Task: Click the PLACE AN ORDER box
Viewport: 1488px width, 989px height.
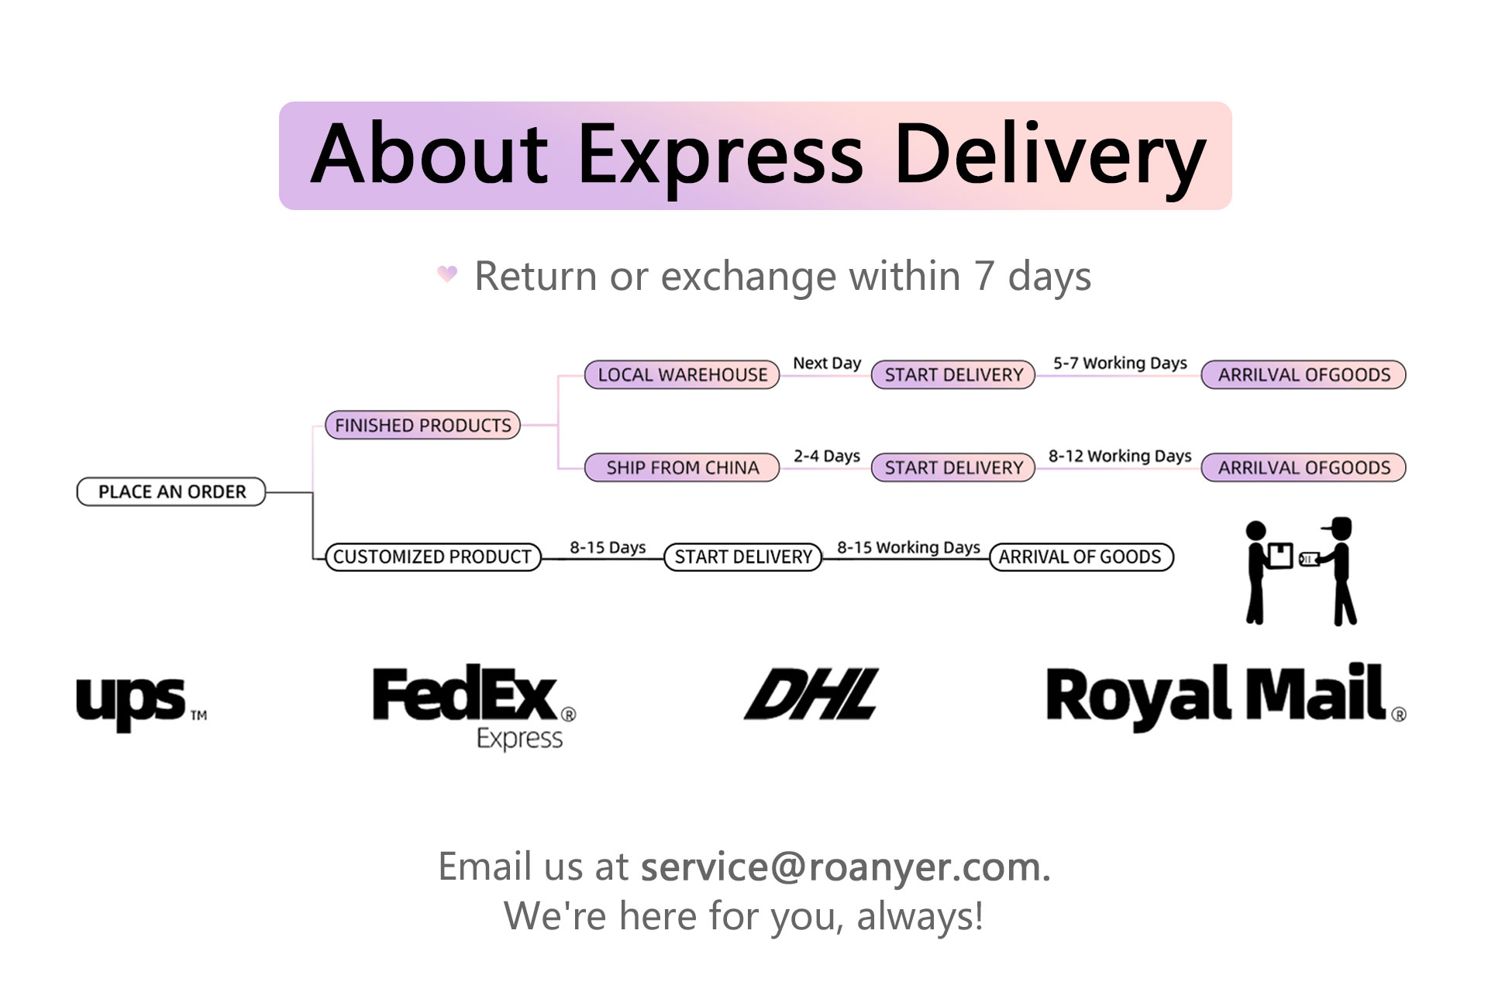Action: pyautogui.click(x=171, y=491)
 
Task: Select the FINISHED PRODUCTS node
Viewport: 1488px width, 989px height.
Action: pyautogui.click(x=422, y=425)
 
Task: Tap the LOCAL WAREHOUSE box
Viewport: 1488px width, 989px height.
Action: pyautogui.click(x=682, y=374)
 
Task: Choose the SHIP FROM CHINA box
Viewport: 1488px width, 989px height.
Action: pyautogui.click(x=682, y=467)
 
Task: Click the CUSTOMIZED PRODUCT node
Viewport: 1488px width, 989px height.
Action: pyautogui.click(x=432, y=557)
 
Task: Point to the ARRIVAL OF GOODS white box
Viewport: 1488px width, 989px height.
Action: pyautogui.click(x=1080, y=557)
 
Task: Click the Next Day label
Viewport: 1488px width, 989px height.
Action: pyautogui.click(x=827, y=363)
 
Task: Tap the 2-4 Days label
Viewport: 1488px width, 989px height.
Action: pyautogui.click(x=827, y=456)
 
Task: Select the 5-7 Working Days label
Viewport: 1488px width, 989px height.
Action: pyautogui.click(x=1120, y=363)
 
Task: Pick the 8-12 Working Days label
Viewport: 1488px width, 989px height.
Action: pyautogui.click(x=1120, y=456)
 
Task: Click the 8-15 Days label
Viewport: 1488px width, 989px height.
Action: pyautogui.click(x=608, y=547)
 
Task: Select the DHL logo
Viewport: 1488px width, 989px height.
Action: pyautogui.click(x=811, y=694)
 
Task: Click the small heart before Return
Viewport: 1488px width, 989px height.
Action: pyautogui.click(x=447, y=274)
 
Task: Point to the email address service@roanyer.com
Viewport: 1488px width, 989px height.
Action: pyautogui.click(x=845, y=867)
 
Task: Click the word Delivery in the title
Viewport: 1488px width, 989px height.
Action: pyautogui.click(x=1050, y=155)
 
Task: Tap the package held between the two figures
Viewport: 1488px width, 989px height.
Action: pyautogui.click(x=1280, y=555)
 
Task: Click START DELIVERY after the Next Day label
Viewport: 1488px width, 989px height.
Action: pyautogui.click(x=953, y=374)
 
